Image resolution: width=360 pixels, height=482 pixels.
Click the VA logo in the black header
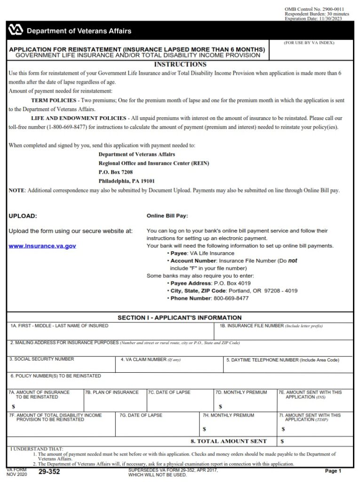[x=16, y=31]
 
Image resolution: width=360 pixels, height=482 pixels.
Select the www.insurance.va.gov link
[x=42, y=246]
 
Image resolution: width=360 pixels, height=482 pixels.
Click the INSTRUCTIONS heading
[x=180, y=64]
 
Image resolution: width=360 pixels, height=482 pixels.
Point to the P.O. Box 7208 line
[x=116, y=172]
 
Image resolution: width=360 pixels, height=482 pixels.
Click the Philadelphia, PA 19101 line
[x=127, y=181]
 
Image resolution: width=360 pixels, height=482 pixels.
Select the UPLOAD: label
[x=23, y=216]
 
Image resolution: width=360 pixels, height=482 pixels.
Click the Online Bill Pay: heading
[x=167, y=216]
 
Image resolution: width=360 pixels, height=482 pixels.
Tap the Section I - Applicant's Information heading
[x=180, y=318]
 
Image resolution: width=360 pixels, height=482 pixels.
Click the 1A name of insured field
[x=111, y=333]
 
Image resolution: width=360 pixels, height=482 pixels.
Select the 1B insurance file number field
[x=283, y=333]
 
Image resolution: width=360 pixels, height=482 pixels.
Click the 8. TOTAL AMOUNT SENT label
[x=228, y=442]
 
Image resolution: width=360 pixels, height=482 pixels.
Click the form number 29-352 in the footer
[x=49, y=471]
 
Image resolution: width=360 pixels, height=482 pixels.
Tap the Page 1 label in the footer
[x=333, y=471]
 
